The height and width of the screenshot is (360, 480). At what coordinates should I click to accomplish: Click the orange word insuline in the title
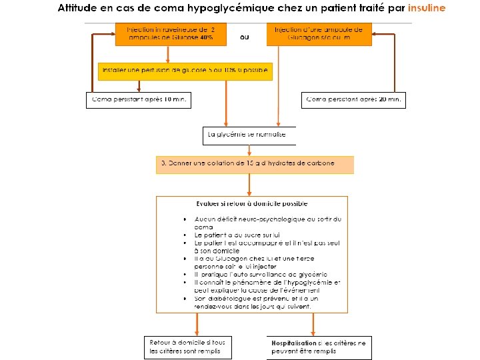click(x=427, y=9)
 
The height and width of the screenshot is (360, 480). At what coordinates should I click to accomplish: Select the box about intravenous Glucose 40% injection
click(x=170, y=34)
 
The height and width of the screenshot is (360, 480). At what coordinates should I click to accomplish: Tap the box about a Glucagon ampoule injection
click(x=319, y=34)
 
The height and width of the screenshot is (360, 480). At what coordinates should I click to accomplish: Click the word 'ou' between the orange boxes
click(x=245, y=37)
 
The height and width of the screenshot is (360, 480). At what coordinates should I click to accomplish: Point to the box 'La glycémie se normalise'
click(x=248, y=135)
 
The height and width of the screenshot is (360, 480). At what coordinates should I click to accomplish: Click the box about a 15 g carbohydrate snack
click(x=255, y=164)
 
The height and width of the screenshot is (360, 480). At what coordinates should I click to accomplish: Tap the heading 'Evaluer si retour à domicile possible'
click(x=251, y=204)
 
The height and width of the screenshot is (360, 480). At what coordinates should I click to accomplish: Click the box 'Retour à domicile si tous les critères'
click(x=190, y=347)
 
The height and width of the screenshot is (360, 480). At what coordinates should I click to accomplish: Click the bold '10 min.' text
click(x=175, y=99)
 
